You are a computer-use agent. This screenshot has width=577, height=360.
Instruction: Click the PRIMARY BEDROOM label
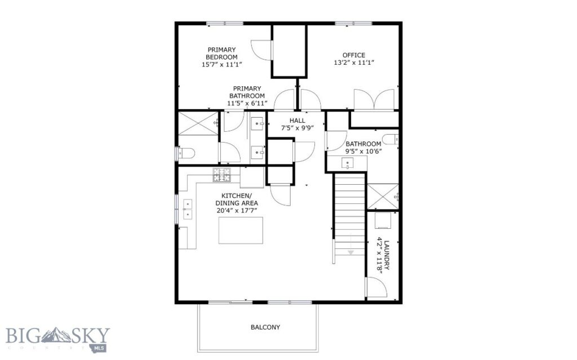click(221, 53)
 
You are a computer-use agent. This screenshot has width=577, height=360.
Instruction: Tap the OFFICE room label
click(354, 55)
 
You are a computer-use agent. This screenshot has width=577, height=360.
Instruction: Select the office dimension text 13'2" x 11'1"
click(354, 63)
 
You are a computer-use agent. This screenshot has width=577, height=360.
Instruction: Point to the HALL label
click(297, 121)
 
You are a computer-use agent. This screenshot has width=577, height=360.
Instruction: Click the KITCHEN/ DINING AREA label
click(238, 199)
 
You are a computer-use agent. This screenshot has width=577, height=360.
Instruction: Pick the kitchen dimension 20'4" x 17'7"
click(237, 211)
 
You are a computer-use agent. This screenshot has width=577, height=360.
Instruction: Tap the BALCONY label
click(265, 327)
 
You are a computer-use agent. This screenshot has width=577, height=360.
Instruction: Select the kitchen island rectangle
click(241, 230)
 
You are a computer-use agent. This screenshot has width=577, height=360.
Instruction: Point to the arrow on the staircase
click(350, 252)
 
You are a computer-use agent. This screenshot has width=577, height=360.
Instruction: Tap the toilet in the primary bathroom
click(185, 152)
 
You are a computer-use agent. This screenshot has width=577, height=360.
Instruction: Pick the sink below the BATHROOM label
click(347, 163)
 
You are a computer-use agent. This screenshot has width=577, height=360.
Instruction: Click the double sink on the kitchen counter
click(187, 209)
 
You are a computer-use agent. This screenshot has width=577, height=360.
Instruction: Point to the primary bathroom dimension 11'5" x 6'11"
click(246, 104)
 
